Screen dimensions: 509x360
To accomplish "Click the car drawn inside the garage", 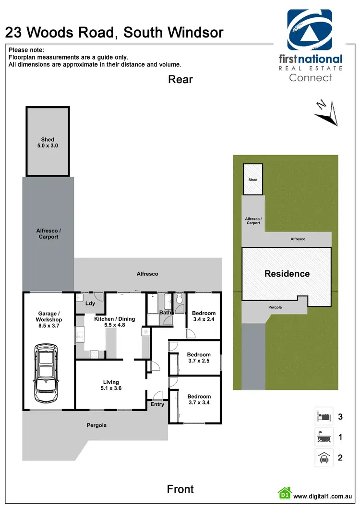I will [x=47, y=370].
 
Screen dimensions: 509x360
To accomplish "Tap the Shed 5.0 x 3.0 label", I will [x=48, y=143].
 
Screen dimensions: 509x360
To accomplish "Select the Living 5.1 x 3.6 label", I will [x=111, y=386].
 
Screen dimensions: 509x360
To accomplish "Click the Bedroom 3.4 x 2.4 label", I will [x=204, y=316].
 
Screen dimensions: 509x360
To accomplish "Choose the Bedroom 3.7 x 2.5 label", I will [x=198, y=358].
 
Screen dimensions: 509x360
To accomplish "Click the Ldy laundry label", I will [x=90, y=303].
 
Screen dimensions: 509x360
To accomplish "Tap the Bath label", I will [x=165, y=313].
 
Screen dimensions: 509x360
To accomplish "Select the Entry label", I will [x=157, y=404].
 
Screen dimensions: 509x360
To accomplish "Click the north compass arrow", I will [x=326, y=113].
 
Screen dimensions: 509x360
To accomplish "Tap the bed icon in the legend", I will [x=323, y=416].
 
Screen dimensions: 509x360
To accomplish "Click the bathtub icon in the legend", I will [x=323, y=437].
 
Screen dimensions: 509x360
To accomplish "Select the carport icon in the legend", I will [x=323, y=458].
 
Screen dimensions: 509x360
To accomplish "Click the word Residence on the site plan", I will [x=287, y=274].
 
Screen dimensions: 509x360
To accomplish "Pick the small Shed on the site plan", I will [x=253, y=179].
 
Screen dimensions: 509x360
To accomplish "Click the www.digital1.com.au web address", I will [x=324, y=496].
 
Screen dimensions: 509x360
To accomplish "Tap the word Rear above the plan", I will [x=180, y=79].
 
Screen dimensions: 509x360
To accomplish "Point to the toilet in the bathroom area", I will [x=179, y=300].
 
